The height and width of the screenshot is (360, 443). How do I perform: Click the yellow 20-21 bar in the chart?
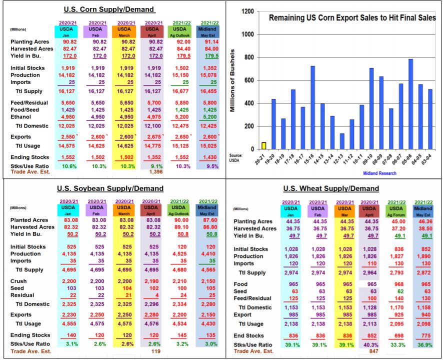point(264,145)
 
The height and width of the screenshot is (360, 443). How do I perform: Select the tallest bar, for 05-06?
point(410,104)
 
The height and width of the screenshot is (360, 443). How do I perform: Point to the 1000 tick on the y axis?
point(248,34)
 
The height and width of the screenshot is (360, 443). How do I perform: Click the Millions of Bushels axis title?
point(232,80)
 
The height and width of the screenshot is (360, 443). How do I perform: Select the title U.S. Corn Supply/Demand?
point(109,9)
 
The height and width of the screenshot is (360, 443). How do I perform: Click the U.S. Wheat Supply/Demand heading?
point(331,188)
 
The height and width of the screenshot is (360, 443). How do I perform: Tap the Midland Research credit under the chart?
point(379,173)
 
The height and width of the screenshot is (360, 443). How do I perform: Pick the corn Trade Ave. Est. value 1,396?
point(156,171)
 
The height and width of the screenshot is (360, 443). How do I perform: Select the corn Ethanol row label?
point(20,116)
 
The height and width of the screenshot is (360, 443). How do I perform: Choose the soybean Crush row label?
point(18,281)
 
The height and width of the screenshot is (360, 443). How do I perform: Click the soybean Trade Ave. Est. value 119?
point(156,351)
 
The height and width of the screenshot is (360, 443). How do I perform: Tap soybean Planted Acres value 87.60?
point(210,220)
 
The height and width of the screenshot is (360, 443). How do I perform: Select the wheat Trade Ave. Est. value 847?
point(373,351)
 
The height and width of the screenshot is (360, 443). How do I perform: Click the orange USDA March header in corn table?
point(124,31)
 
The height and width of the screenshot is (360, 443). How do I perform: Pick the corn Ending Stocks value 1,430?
point(209,157)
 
